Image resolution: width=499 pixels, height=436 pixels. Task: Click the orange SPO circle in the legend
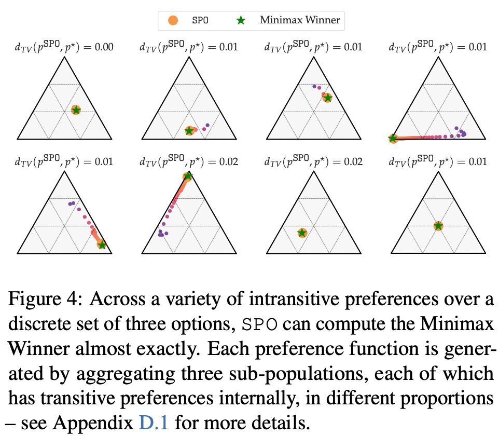pos(173,21)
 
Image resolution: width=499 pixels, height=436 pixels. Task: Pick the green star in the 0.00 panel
pos(76,110)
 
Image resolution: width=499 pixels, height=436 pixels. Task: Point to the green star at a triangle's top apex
pos(188,176)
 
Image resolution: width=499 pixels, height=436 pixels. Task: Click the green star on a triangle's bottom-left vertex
pos(393,138)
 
